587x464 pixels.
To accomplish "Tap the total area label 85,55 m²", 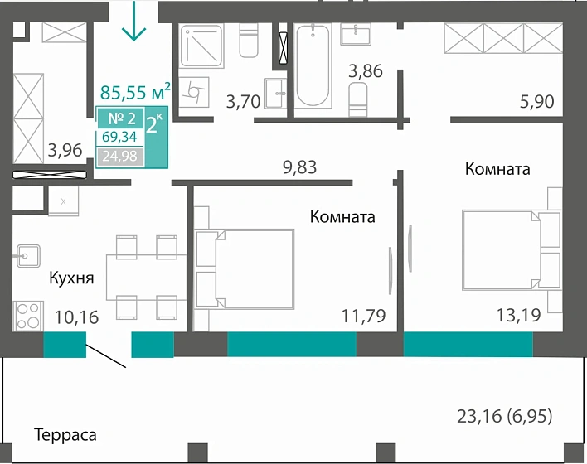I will click(x=135, y=92).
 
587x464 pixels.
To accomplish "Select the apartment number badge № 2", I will click(x=120, y=118).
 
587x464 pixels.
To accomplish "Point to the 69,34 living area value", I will click(x=120, y=138).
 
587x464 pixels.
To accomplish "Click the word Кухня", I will click(x=70, y=278).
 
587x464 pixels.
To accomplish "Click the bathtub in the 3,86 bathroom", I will click(x=313, y=65).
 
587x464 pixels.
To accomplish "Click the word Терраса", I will click(x=65, y=434).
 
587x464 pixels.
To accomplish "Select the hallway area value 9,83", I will click(x=299, y=167).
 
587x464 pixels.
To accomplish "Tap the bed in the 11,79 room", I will click(x=245, y=269).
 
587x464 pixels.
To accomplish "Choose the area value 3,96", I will click(x=65, y=150).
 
